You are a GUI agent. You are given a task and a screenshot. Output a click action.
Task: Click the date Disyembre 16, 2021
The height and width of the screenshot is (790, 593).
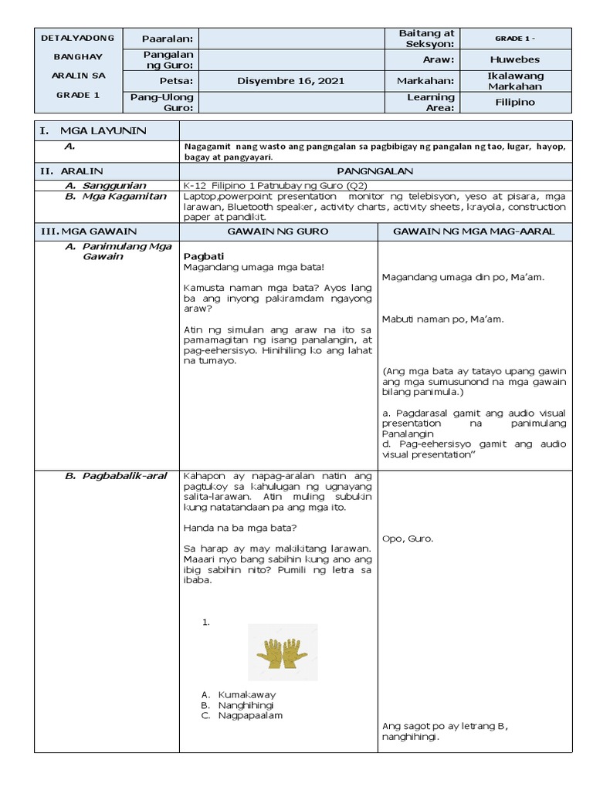[x=280, y=81]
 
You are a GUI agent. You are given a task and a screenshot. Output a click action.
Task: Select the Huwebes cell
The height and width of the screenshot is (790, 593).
[x=515, y=59]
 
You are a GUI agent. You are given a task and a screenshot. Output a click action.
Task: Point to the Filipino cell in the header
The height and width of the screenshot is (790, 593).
[x=515, y=103]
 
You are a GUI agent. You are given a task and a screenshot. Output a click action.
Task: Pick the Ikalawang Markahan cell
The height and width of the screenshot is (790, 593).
[x=515, y=81]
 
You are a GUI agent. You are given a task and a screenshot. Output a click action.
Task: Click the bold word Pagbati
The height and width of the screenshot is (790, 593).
[x=204, y=256]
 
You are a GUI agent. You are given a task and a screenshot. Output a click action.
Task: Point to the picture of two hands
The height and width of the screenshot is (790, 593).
[x=283, y=653]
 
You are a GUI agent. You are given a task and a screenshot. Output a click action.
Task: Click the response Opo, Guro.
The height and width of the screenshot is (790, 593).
[x=408, y=538]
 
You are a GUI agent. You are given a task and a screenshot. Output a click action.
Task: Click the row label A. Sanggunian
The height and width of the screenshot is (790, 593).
[x=110, y=185]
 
